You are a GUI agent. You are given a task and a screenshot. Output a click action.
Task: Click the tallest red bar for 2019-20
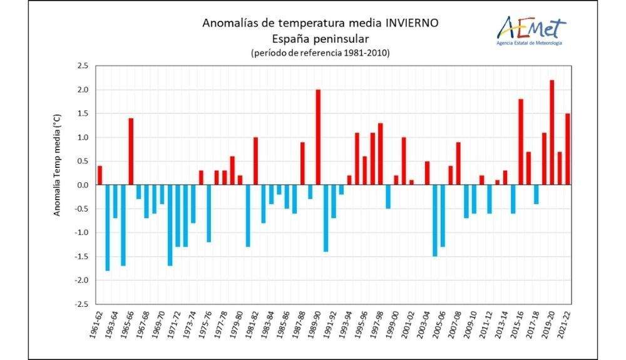coord(552,133)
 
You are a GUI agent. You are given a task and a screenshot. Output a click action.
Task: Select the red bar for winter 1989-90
coord(318,137)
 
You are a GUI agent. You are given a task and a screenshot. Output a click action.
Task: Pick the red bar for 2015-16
coord(520,142)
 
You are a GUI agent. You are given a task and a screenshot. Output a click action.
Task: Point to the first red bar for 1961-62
coord(100,175)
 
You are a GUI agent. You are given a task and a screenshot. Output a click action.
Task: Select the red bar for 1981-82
coord(255,161)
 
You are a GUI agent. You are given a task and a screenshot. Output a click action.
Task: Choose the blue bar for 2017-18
coord(536,195)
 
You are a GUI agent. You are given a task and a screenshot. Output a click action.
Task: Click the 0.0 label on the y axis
coord(83,185)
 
